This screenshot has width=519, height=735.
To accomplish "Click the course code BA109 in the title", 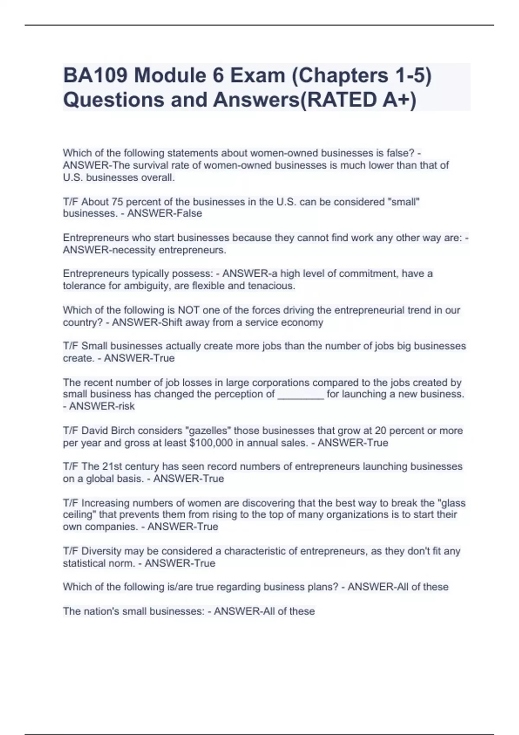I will point(96,76).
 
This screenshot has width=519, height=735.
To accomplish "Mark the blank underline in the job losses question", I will point(300,394).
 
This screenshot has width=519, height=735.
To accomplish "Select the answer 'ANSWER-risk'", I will point(102,406).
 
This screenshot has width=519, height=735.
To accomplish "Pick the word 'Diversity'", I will point(101,551).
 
